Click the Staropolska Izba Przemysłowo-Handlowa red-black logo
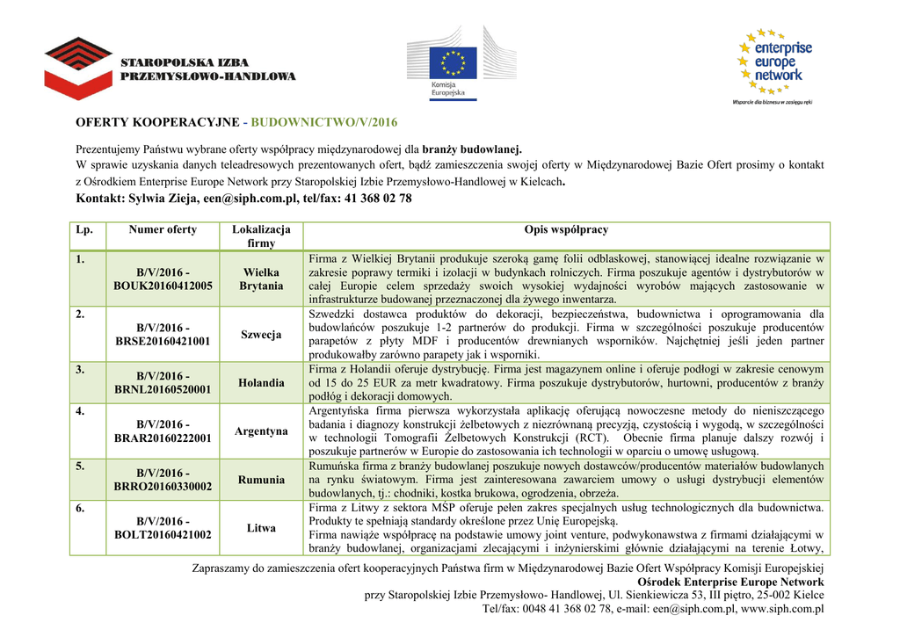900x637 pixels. pos(78,68)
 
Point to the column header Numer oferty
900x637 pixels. pos(163,230)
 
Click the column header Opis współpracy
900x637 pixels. pos(566,230)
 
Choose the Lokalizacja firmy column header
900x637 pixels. pos(261,236)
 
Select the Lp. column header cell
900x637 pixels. pos(84,230)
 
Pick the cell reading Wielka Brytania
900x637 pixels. pos(261,279)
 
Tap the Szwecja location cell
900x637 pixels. pos(261,335)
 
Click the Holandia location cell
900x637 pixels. pos(261,383)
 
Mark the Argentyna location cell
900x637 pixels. pos(261,431)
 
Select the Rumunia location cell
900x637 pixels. pos(261,480)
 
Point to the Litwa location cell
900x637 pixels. pos(261,528)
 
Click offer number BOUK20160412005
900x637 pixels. pos(163,286)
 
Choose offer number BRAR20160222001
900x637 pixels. pos(163,438)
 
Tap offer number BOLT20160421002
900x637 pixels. pos(163,535)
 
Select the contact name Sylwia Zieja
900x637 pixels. pos(163,199)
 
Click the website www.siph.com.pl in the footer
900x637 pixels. pos(782,609)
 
